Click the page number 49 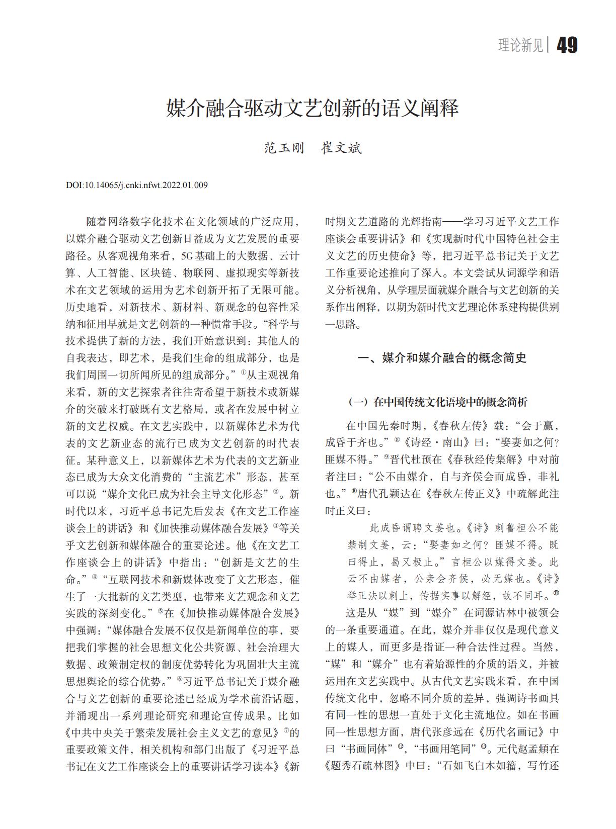pos(567,46)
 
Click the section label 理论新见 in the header pos(520,46)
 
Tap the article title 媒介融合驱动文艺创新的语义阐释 pos(312,109)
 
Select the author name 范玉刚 pos(284,148)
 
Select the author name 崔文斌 pos(341,148)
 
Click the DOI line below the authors pos(136,186)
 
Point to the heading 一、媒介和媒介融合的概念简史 pos(441,358)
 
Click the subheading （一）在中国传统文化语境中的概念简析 pos(437,402)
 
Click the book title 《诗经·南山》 pos(436,443)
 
